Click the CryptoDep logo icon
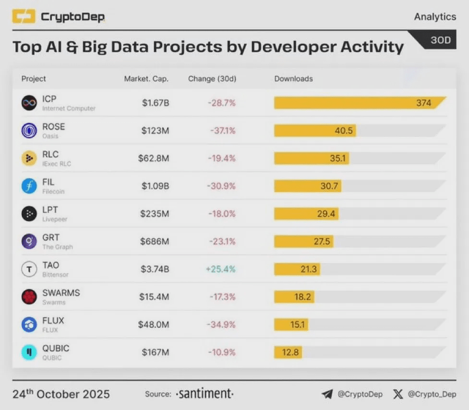[x=24, y=17]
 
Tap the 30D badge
[x=440, y=40]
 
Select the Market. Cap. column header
[x=146, y=79]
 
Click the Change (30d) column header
[x=212, y=79]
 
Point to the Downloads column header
[x=293, y=79]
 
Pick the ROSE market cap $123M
[x=155, y=131]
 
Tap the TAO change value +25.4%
[x=221, y=269]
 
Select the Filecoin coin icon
[x=29, y=186]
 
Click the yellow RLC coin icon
[x=29, y=159]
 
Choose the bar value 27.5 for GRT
[x=322, y=241]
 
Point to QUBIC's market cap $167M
[x=155, y=352]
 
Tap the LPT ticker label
[x=50, y=210]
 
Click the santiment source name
[x=205, y=394]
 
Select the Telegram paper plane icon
[x=327, y=395]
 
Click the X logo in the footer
[x=398, y=395]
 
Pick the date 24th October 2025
[x=61, y=395]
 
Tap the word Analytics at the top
[x=435, y=17]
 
